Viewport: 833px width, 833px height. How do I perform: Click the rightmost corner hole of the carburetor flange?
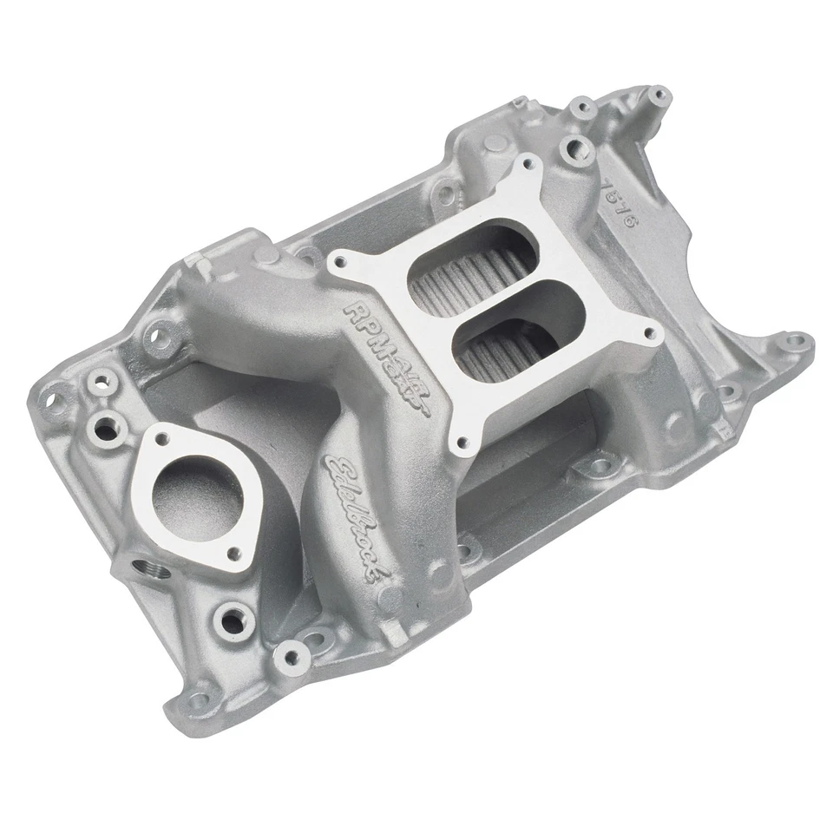(x=647, y=331)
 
